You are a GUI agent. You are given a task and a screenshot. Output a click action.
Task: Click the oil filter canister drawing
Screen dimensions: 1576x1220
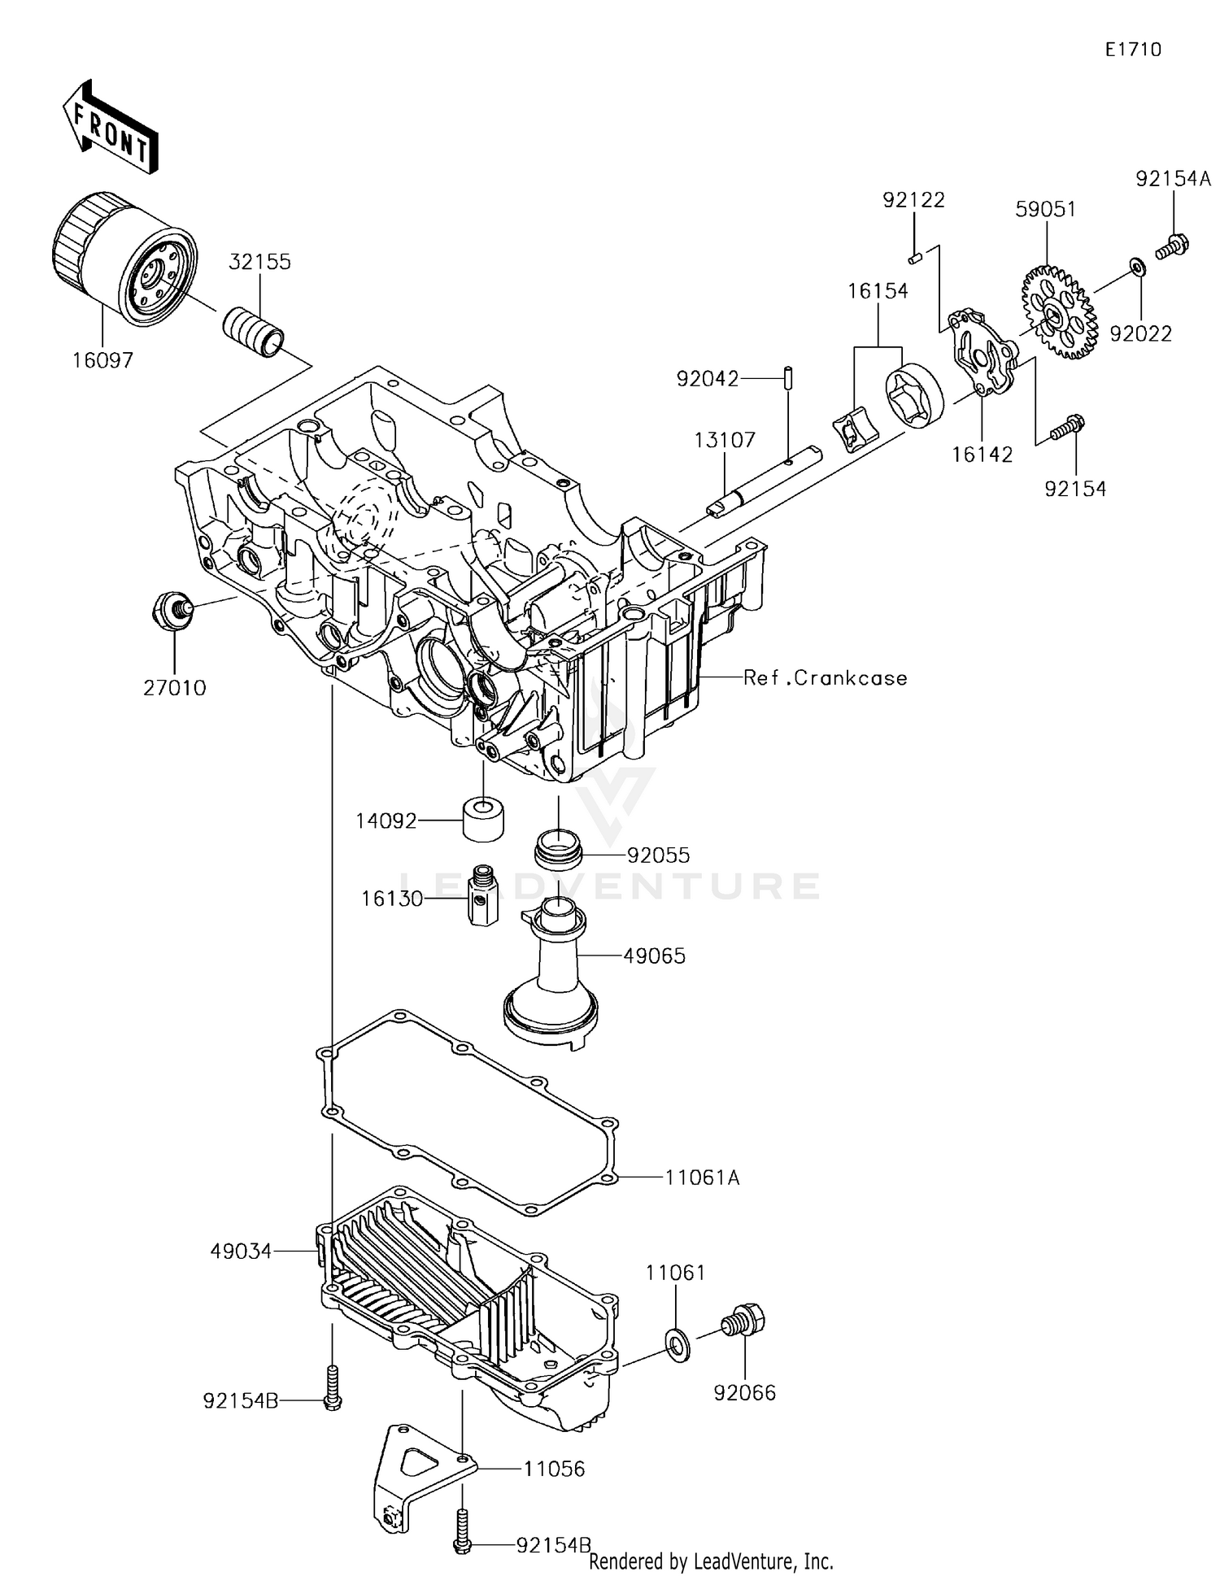(122, 260)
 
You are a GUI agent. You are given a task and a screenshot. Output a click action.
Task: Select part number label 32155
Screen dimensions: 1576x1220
(259, 262)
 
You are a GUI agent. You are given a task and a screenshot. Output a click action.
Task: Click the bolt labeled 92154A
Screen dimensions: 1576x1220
(1172, 244)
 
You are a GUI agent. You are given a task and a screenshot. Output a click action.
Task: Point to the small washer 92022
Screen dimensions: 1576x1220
(1136, 267)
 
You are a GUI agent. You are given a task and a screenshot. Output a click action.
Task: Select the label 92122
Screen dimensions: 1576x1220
(914, 200)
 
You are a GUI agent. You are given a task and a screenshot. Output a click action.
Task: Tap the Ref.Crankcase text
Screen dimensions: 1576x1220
(825, 678)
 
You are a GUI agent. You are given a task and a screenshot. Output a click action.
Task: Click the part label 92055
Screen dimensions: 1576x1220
(658, 855)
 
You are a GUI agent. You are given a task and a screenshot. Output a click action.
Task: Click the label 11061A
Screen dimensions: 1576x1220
(702, 1177)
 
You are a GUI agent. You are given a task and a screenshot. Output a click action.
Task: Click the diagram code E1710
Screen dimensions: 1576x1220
(1133, 50)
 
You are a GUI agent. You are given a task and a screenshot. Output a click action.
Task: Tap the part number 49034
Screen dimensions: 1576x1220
(241, 1252)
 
